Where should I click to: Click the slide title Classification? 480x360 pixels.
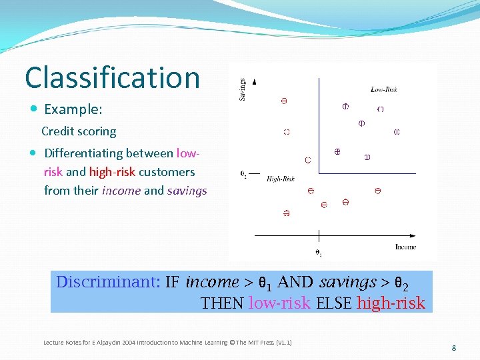click(x=112, y=78)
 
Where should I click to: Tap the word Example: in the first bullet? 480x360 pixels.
click(x=73, y=109)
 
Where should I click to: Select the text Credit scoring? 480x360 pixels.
click(x=79, y=131)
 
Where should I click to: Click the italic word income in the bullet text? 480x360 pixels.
click(x=121, y=191)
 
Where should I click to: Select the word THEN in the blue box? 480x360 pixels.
click(x=223, y=303)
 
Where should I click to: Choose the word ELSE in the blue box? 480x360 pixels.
click(x=333, y=303)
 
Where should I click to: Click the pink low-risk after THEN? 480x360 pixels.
click(x=279, y=303)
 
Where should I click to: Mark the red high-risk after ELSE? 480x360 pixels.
click(x=391, y=303)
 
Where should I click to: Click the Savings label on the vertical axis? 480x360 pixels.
click(x=242, y=89)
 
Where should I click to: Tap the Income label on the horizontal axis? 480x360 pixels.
click(x=405, y=247)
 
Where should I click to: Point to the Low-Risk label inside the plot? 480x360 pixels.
click(x=384, y=89)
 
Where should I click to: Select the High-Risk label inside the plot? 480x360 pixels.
click(x=281, y=179)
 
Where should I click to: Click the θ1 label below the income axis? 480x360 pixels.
click(x=319, y=253)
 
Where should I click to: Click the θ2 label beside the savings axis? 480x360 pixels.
click(x=244, y=175)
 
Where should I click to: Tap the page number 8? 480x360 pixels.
click(x=453, y=348)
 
